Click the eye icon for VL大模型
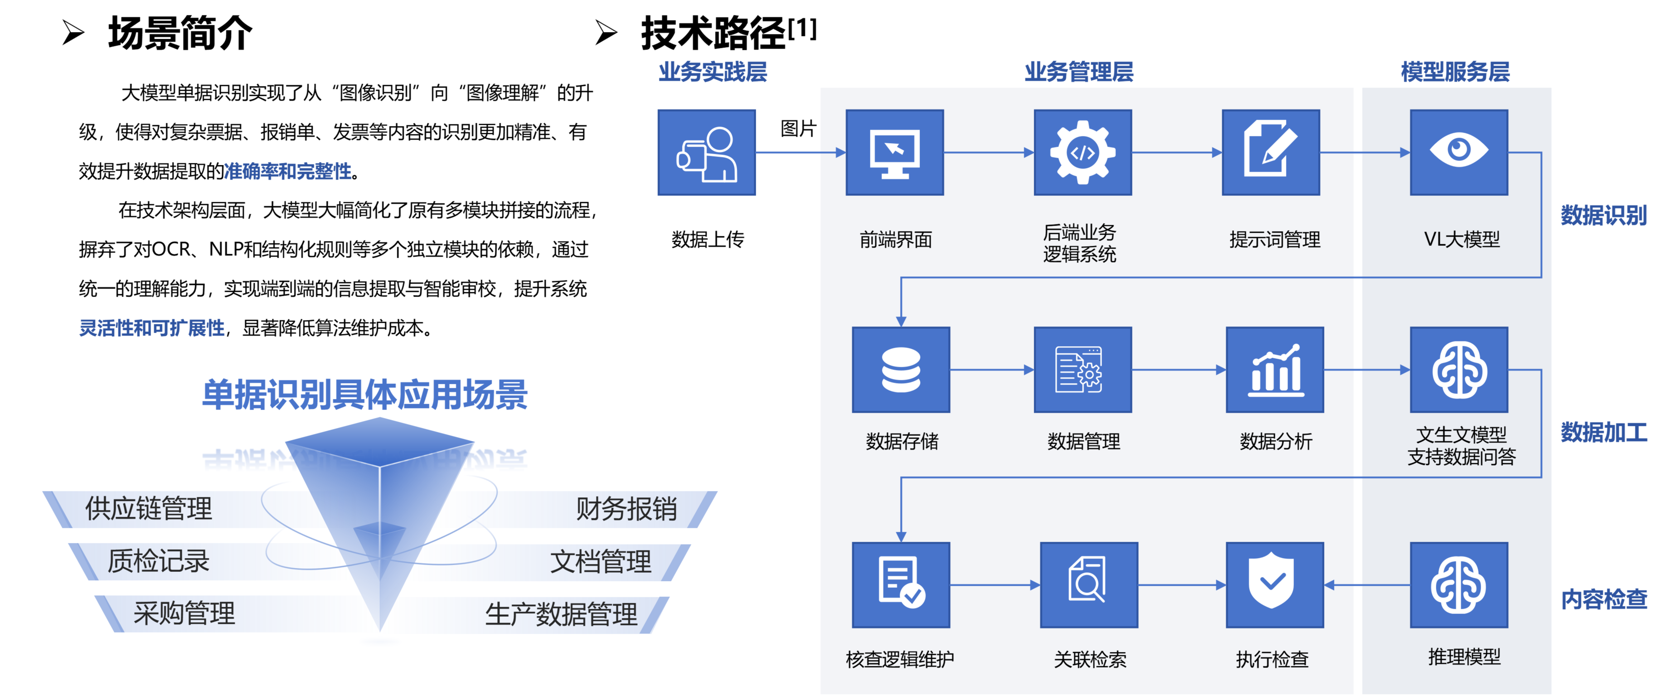pyautogui.click(x=1458, y=151)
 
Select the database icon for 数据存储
pyautogui.click(x=901, y=370)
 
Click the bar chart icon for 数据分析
pyautogui.click(x=1275, y=370)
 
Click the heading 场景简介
pyautogui.click(x=180, y=34)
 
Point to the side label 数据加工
pyautogui.click(x=1604, y=432)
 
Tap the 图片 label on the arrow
pyautogui.click(x=798, y=128)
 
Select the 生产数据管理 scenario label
pyautogui.click(x=561, y=614)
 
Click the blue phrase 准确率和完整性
pyautogui.click(x=288, y=171)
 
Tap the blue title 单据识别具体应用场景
pyautogui.click(x=365, y=394)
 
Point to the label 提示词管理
pyautogui.click(x=1275, y=240)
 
